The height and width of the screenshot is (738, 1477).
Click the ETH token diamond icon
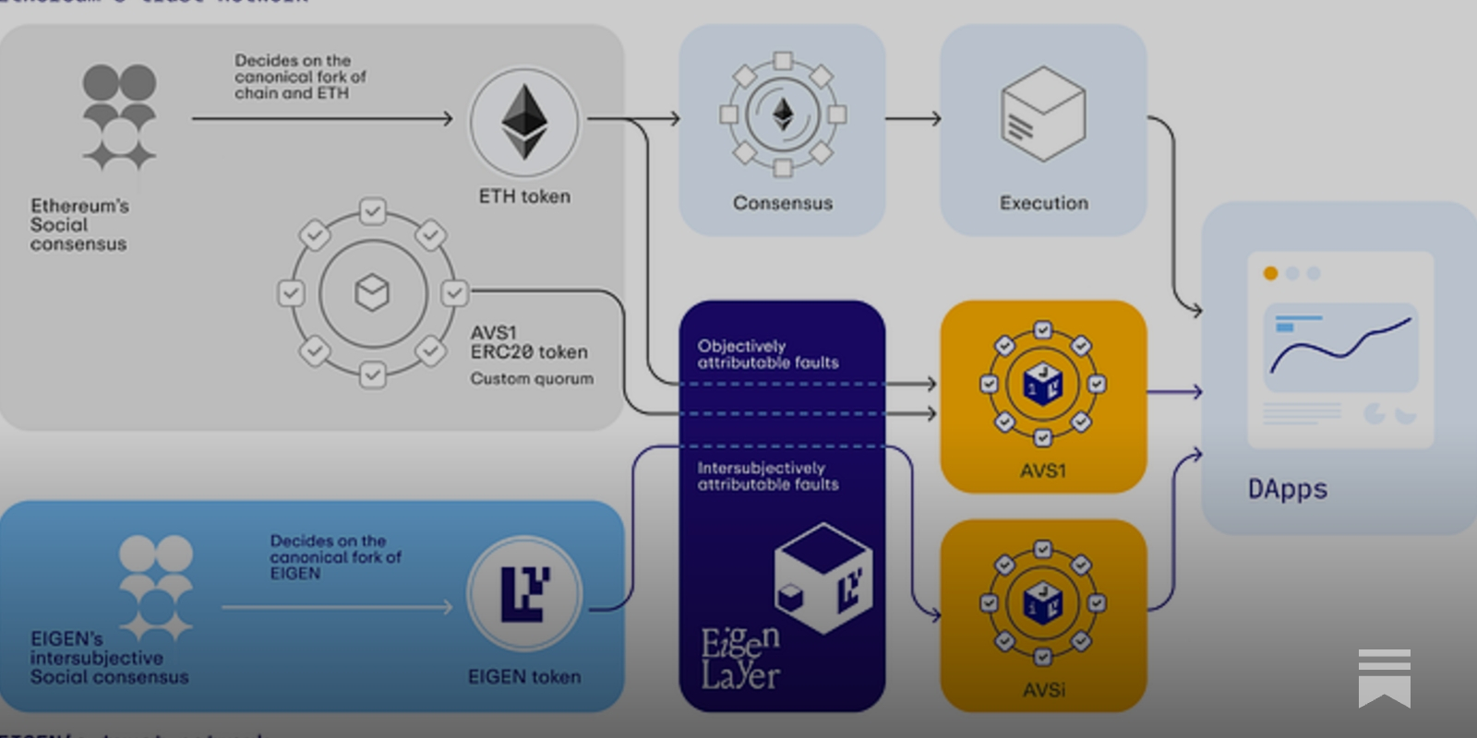tap(524, 122)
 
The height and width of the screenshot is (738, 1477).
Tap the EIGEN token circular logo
tap(524, 593)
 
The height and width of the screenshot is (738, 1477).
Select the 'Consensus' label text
tap(783, 203)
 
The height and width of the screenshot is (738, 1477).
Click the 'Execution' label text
tap(1044, 203)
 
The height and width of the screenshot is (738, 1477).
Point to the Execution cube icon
tap(1043, 113)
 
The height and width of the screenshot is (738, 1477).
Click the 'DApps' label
tap(1287, 489)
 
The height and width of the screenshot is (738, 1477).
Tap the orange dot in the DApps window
tap(1270, 273)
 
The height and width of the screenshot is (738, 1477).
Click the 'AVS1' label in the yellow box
tap(1043, 470)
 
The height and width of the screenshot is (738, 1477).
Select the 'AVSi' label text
tap(1044, 690)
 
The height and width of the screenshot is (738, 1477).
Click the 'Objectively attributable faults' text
tap(767, 354)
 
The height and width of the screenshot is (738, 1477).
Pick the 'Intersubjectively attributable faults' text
tap(767, 476)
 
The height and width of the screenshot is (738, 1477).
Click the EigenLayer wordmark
tap(740, 659)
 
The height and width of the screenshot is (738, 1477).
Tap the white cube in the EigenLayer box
tap(823, 577)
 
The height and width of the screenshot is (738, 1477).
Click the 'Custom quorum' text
tap(532, 378)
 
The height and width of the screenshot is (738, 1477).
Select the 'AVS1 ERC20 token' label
tap(528, 342)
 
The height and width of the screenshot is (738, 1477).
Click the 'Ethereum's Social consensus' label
tap(78, 225)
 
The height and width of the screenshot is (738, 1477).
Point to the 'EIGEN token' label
tap(524, 677)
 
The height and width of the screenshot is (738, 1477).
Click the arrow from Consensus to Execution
tap(912, 118)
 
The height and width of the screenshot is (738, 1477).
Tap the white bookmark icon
tap(1384, 678)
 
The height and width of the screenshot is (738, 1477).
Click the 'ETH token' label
tap(524, 196)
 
